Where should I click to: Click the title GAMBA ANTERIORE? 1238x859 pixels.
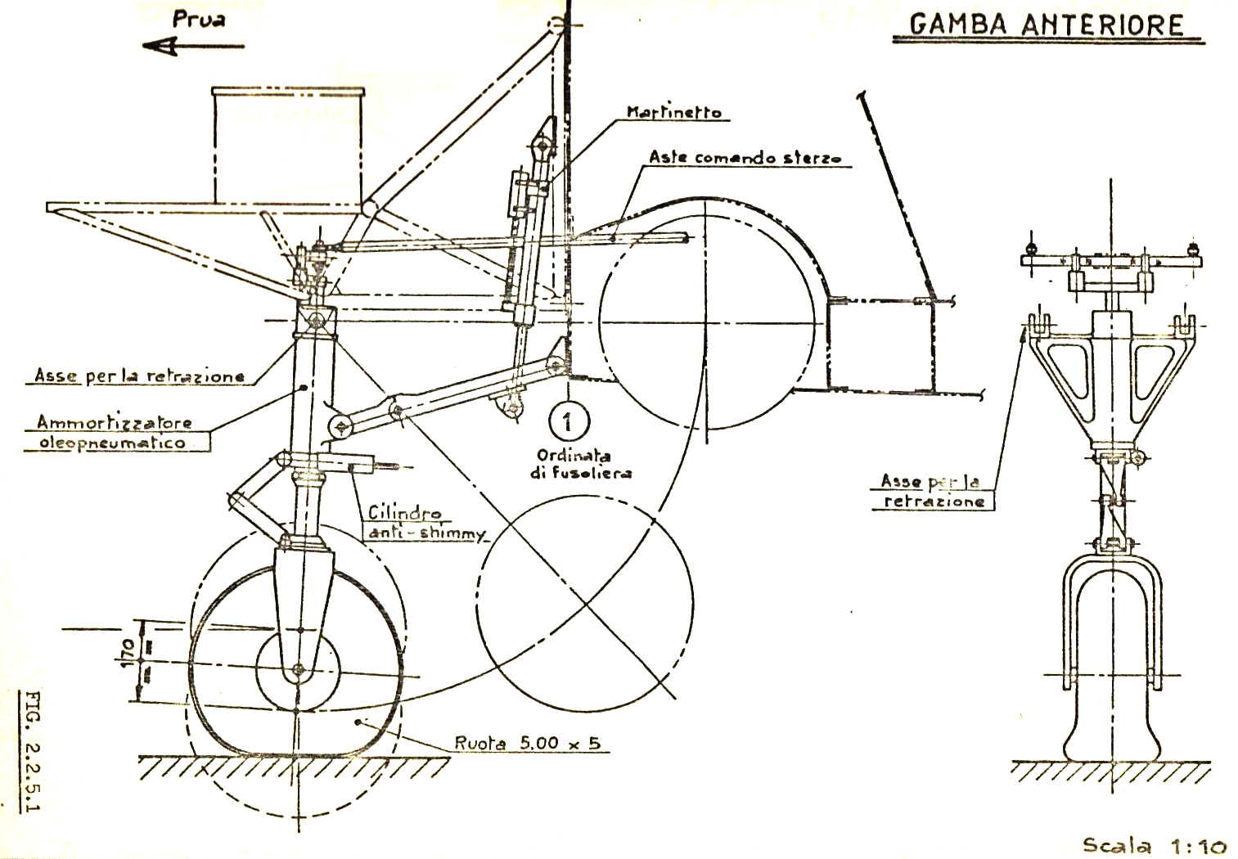(1046, 25)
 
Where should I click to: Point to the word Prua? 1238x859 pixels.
(199, 20)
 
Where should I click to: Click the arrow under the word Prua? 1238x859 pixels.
(193, 47)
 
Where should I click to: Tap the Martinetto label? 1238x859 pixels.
(674, 112)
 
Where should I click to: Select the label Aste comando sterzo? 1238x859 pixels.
(745, 158)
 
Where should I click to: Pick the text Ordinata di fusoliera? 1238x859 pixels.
(585, 464)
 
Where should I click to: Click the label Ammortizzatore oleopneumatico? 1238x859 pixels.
(115, 433)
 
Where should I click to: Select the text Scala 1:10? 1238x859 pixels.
(1155, 845)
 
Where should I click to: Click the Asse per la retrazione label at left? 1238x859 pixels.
(139, 376)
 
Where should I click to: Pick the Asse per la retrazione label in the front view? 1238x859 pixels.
(933, 491)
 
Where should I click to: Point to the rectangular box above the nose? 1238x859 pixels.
(287, 145)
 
